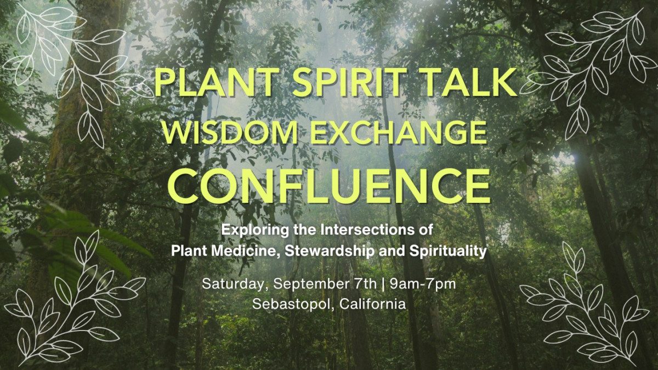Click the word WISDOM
[230, 133]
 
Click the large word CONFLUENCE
[330, 186]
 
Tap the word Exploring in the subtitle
[255, 230]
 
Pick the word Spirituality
[448, 251]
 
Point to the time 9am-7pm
[423, 284]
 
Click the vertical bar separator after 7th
[383, 284]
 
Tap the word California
[373, 304]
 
